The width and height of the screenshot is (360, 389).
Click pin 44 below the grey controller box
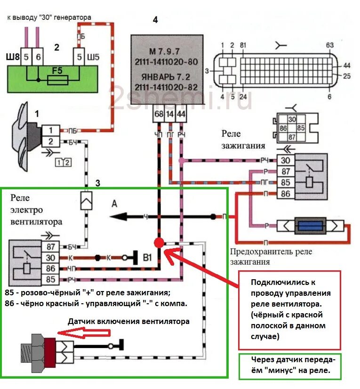pyautogui.click(x=181, y=114)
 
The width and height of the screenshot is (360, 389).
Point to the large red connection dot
pyautogui.click(x=159, y=243)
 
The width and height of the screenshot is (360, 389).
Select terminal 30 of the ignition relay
pyautogui.click(x=285, y=161)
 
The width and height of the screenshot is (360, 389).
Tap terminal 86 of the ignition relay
pyautogui.click(x=285, y=193)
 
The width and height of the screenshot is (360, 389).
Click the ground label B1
pyautogui.click(x=148, y=258)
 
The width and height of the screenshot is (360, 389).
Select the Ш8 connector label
pyautogui.click(x=13, y=58)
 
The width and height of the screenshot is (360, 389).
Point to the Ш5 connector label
pyautogui.click(x=95, y=58)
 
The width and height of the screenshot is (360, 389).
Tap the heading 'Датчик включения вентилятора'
pyautogui.click(x=128, y=322)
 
